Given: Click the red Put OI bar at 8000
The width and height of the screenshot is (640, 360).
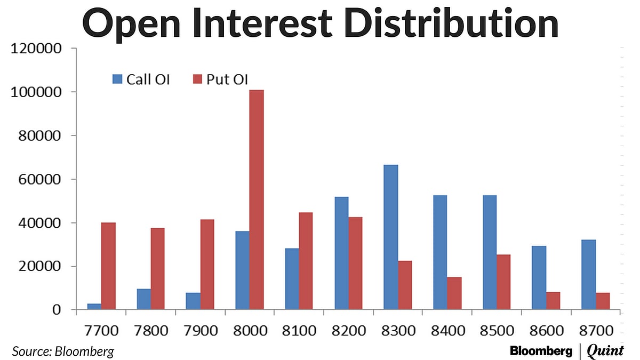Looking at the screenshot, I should (x=257, y=199).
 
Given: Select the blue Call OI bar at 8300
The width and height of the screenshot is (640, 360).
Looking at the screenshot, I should (x=390, y=237).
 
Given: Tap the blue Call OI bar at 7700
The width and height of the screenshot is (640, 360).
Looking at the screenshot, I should (x=94, y=306).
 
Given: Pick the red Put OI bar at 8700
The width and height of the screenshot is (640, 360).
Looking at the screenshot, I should (x=603, y=301).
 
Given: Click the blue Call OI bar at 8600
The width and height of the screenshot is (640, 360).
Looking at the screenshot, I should (x=539, y=277).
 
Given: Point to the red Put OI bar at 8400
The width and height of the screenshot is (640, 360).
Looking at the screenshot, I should (x=454, y=293).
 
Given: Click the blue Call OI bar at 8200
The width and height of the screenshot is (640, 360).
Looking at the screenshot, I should (x=341, y=253).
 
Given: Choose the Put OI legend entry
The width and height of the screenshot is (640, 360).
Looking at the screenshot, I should (x=220, y=80).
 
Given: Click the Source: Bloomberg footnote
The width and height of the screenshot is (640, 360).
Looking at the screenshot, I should (x=63, y=351).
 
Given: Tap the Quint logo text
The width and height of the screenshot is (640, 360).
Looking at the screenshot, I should (x=605, y=351).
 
